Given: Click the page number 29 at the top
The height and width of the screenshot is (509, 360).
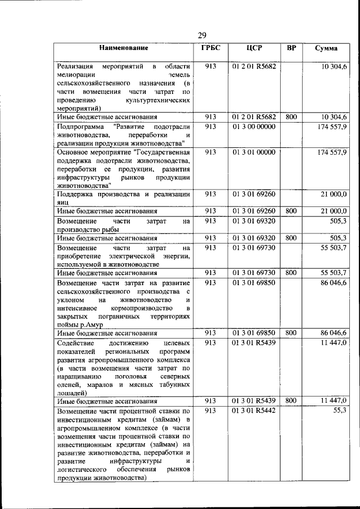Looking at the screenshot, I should pos(202,36).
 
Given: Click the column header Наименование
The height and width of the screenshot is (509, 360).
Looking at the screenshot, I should pos(124,49).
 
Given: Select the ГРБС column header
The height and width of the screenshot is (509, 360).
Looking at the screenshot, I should pos(211,48).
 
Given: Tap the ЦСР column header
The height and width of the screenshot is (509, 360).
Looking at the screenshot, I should pos(254,48).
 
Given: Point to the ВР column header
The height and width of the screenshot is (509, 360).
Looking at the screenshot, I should pos(291,48).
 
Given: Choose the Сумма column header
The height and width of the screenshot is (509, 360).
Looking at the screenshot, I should pos(326,49).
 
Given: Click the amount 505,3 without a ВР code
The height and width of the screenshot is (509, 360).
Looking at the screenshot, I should pos(338,222).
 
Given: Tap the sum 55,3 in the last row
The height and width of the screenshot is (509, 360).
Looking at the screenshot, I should pos(340,411).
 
